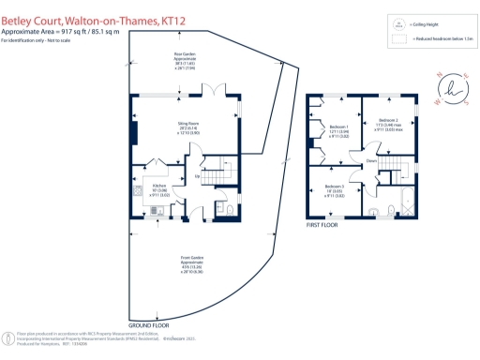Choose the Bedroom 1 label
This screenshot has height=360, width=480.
pos(339,130)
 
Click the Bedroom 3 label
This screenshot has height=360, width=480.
pos(335,191)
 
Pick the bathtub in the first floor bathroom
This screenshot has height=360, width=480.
pos(407,202)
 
